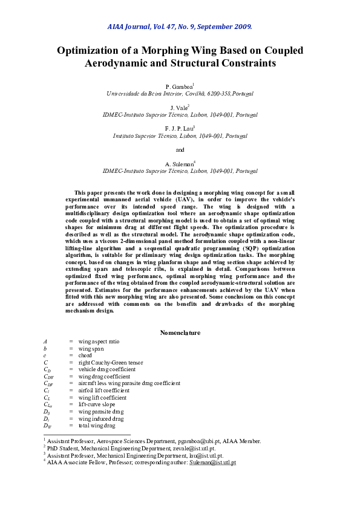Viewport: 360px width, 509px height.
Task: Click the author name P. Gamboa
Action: (x=178, y=87)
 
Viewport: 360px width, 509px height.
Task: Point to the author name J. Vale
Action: (x=179, y=107)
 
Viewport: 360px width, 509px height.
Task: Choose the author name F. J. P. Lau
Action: (x=178, y=129)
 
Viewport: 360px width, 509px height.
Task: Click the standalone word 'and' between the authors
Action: (x=180, y=149)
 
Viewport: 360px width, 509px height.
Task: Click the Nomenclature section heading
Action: (x=180, y=332)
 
